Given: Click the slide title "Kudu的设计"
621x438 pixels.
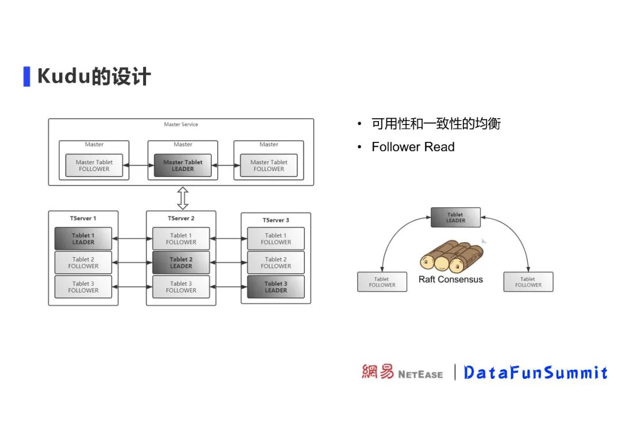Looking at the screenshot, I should [x=94, y=76].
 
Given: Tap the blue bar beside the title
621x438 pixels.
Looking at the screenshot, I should [x=26, y=76].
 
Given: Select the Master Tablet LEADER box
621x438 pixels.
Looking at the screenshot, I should [x=182, y=165].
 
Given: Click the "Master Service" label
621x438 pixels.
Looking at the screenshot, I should [x=181, y=125].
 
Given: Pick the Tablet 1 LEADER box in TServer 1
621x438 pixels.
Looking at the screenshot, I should [x=83, y=239].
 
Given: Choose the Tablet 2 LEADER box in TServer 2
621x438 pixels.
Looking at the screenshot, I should [x=181, y=263].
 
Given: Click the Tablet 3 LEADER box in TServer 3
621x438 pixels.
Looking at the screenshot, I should [x=276, y=287].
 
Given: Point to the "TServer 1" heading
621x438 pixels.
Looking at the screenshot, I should [x=83, y=218].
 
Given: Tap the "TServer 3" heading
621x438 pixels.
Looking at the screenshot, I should [x=276, y=220].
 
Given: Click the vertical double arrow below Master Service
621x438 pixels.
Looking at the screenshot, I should [x=183, y=198].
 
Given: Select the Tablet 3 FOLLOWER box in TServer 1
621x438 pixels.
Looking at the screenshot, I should [x=83, y=287].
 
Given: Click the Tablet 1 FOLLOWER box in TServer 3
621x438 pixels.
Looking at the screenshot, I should [x=276, y=239].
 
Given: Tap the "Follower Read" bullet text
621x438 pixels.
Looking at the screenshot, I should [x=413, y=147].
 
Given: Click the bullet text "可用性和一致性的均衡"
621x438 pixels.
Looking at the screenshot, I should [x=436, y=124].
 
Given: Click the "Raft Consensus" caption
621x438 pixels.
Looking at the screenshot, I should [x=451, y=280].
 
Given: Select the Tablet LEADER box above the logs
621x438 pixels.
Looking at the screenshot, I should [x=455, y=218].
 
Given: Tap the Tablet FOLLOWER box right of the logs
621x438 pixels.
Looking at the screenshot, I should [x=528, y=282].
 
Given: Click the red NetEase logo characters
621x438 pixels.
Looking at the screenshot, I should [x=378, y=372].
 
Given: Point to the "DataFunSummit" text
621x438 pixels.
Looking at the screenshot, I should [x=535, y=373].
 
